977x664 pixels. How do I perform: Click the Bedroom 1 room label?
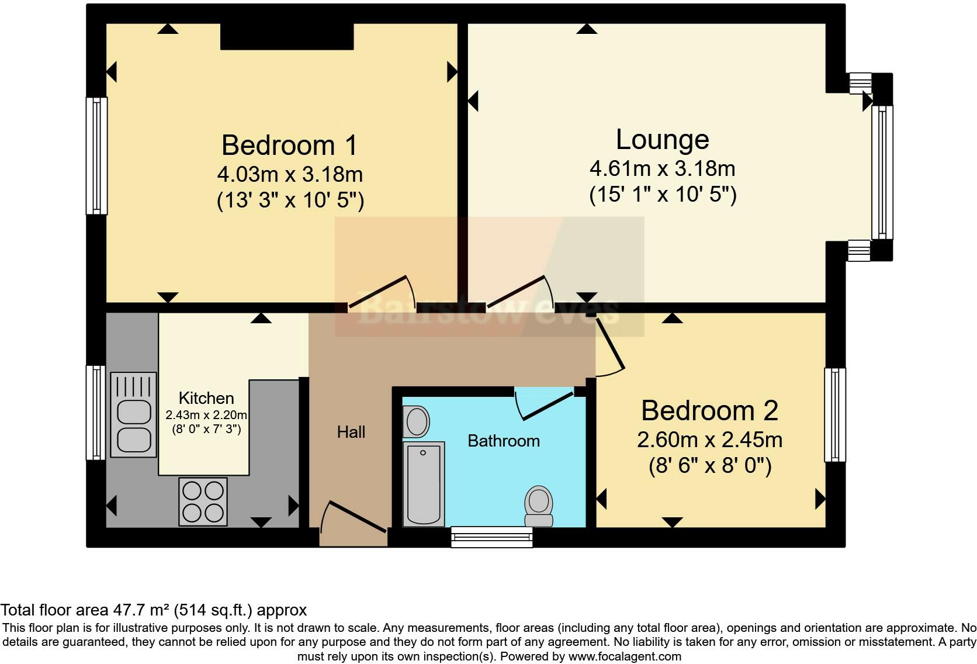pyautogui.click(x=289, y=146)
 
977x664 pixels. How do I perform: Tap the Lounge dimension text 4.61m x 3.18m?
pyautogui.click(x=662, y=169)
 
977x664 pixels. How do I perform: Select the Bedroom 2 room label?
pyautogui.click(x=709, y=411)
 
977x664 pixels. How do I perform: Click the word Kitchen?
pyautogui.click(x=206, y=399)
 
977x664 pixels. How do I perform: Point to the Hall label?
pyautogui.click(x=351, y=433)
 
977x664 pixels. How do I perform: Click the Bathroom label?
pyautogui.click(x=504, y=441)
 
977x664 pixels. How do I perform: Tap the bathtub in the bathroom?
pyautogui.click(x=424, y=483)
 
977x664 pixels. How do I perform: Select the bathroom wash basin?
pyautogui.click(x=417, y=421)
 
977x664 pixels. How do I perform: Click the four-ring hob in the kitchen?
pyautogui.click(x=203, y=502)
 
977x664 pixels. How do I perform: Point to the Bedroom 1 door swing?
pyautogui.click(x=383, y=292)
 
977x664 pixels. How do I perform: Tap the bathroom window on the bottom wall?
pyautogui.click(x=491, y=537)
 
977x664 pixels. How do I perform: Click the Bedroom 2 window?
pyautogui.click(x=835, y=414)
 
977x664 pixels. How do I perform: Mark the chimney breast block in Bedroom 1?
pyautogui.click(x=287, y=36)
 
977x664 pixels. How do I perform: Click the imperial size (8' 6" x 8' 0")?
pyautogui.click(x=710, y=466)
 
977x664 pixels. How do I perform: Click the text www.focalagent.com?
pyautogui.click(x=625, y=656)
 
